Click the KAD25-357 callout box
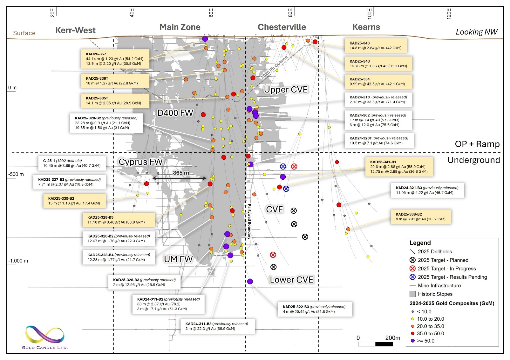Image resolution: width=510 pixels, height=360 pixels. (x=115, y=59)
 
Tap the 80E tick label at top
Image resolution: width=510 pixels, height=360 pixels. (x=290, y=13)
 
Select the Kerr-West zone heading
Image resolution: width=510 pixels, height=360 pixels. (x=75, y=30)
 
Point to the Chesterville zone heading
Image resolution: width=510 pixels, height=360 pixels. (x=282, y=27)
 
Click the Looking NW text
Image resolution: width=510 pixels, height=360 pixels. (x=476, y=32)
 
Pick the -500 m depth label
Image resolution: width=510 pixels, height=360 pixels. (x=16, y=174)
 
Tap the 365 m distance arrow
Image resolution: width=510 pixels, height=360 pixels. (x=180, y=178)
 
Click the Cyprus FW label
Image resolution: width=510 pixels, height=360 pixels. (x=140, y=162)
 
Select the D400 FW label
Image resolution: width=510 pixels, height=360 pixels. (x=175, y=113)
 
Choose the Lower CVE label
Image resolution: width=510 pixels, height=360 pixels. (x=291, y=280)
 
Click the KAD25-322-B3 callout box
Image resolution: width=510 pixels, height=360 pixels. (x=315, y=309)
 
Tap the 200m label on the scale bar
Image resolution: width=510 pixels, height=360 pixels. (x=392, y=338)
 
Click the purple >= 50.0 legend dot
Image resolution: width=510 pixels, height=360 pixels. (x=412, y=341)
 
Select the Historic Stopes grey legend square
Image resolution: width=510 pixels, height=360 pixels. (x=412, y=294)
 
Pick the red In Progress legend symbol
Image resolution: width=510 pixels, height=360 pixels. (x=412, y=269)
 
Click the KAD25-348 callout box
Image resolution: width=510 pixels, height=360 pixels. (x=376, y=45)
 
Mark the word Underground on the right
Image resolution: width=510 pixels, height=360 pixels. (x=473, y=160)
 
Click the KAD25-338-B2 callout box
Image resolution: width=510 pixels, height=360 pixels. (x=421, y=217)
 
